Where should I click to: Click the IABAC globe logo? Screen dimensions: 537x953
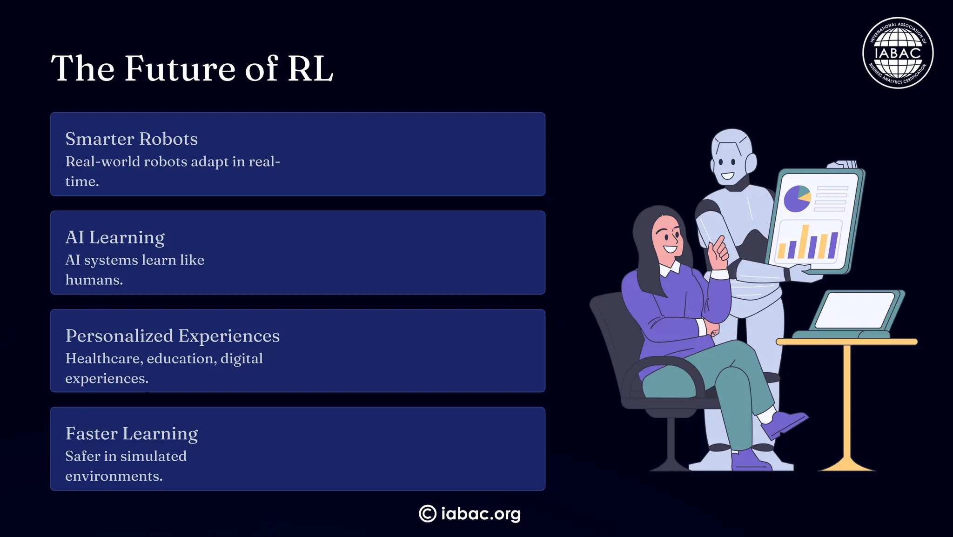pyautogui.click(x=898, y=53)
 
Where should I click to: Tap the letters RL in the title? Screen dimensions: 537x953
pyautogui.click(x=310, y=68)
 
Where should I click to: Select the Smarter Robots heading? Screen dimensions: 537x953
pyautogui.click(x=131, y=139)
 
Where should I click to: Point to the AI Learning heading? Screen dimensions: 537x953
pyautogui.click(x=115, y=237)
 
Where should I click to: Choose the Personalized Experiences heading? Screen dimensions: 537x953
pyautogui.click(x=172, y=336)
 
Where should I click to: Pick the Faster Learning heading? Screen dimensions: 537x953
pyautogui.click(x=131, y=434)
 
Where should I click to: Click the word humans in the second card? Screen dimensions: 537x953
pyautogui.click(x=94, y=280)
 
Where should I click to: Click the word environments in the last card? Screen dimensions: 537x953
pyautogui.click(x=113, y=476)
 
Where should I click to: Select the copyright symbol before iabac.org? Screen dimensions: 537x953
pyautogui.click(x=427, y=514)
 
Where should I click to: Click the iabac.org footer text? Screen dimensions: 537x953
pyautogui.click(x=481, y=514)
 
